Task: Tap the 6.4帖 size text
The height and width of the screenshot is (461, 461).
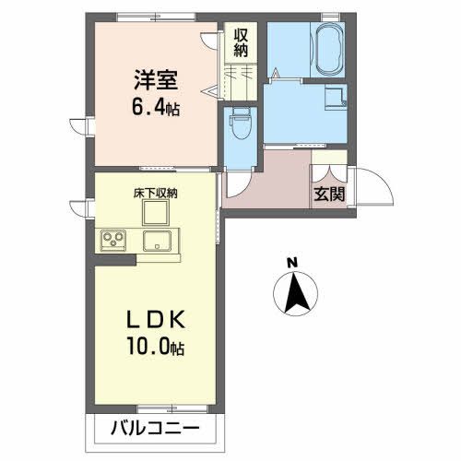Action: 154,107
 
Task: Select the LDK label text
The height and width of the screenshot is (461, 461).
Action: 156,319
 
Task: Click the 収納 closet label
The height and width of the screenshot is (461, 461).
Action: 242,42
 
